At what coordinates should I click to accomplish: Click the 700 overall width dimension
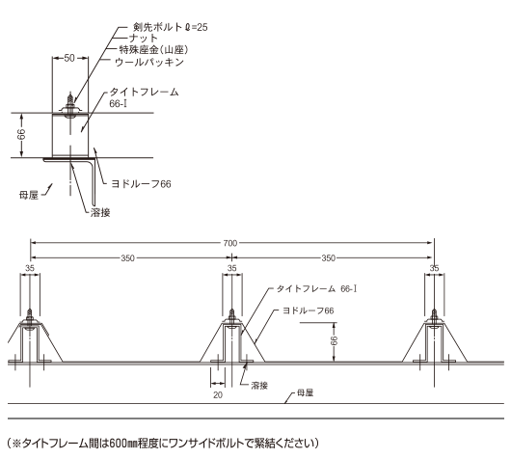230,243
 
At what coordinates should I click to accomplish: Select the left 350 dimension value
127,258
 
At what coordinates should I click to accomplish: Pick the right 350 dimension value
328,258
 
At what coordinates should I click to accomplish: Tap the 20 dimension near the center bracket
218,394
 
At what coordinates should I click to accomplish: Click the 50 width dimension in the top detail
69,58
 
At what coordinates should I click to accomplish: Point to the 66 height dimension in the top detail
21,134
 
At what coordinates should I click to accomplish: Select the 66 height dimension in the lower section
334,340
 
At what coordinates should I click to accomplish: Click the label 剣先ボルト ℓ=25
170,27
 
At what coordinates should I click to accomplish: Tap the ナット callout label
144,39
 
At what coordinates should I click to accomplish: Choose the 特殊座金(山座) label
153,49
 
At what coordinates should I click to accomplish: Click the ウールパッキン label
149,62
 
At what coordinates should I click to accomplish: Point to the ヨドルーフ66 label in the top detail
141,184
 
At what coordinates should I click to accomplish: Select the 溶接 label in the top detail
100,212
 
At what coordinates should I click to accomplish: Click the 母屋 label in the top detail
29,196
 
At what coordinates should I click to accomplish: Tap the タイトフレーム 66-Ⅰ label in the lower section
316,289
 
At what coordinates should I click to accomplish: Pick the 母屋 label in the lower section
306,392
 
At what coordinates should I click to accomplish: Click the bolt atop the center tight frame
231,316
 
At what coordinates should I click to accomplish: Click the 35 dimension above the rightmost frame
435,268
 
